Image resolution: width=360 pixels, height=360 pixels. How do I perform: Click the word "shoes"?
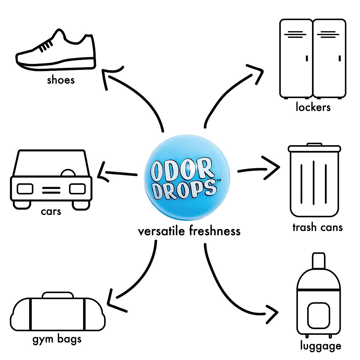point(61,80)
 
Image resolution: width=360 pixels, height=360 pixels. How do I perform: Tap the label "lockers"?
point(313,107)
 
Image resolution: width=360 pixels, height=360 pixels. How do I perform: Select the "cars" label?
point(51,211)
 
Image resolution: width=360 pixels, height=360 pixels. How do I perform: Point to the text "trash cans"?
point(317,227)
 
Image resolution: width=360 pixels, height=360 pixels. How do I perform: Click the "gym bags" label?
point(57,339)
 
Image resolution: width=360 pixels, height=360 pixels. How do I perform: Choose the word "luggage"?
point(321,346)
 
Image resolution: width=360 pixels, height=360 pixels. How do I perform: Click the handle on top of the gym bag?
point(58,295)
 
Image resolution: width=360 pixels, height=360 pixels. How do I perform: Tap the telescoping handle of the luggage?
point(319,260)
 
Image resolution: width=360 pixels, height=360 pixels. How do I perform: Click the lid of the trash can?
point(314,148)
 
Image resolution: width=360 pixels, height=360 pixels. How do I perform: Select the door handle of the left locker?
point(307,58)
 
